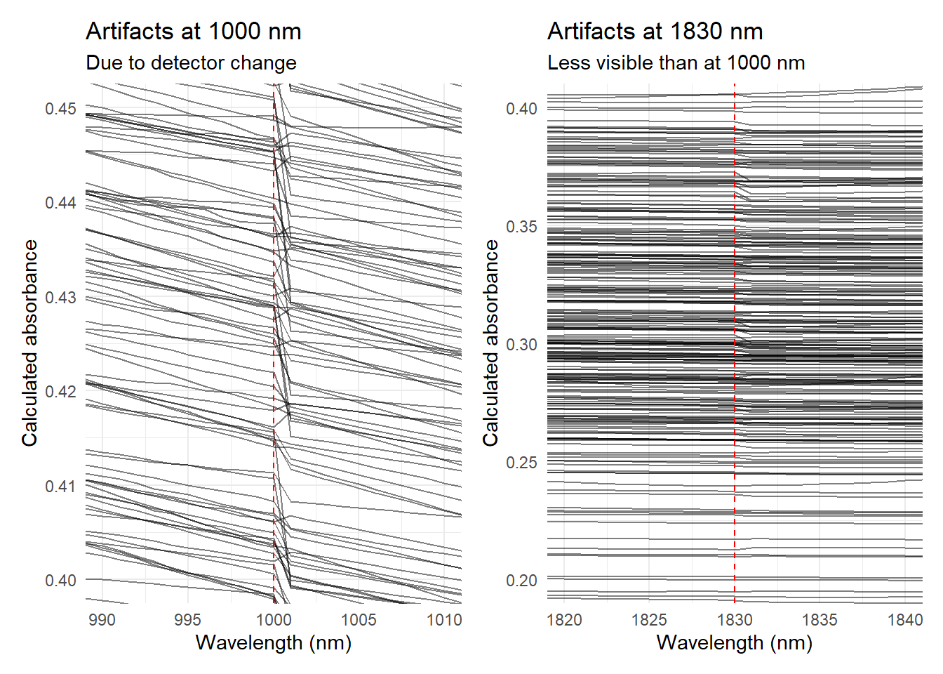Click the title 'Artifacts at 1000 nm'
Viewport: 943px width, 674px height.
(x=193, y=32)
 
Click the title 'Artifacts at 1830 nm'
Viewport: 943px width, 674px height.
(x=655, y=32)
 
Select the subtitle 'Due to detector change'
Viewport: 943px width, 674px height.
(x=191, y=63)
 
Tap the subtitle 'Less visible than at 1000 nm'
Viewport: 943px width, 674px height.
(x=676, y=63)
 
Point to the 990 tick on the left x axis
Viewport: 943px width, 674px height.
(x=102, y=620)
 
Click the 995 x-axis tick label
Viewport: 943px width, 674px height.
(x=187, y=620)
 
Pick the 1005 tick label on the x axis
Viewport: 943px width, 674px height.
(x=359, y=620)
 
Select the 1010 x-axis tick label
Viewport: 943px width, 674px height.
(x=445, y=620)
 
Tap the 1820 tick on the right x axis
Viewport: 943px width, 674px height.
(x=564, y=620)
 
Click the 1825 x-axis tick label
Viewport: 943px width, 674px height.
(x=649, y=620)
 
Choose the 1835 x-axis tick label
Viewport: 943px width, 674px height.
(x=820, y=620)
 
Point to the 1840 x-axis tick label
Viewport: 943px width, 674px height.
(x=905, y=620)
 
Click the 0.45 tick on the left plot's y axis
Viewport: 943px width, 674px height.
(x=60, y=109)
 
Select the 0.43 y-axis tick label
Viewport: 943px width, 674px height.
(x=60, y=298)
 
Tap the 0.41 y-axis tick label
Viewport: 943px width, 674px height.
(x=60, y=487)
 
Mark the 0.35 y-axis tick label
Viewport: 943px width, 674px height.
(x=521, y=227)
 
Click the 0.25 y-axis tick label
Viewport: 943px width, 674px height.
(x=521, y=463)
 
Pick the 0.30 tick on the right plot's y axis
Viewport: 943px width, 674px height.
(x=521, y=345)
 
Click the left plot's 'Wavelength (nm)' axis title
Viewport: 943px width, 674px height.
(x=273, y=643)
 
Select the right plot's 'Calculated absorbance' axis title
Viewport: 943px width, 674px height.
(x=490, y=343)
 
